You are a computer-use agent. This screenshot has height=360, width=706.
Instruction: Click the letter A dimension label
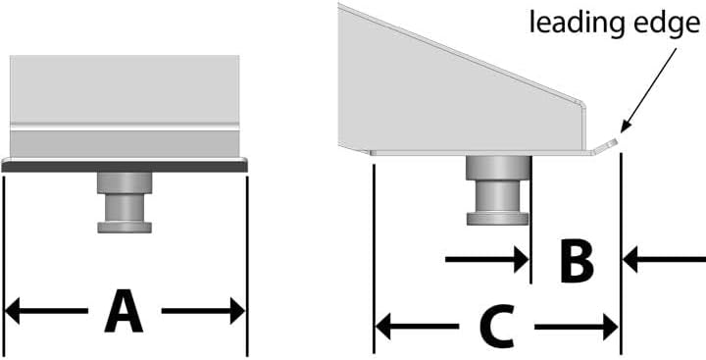tap(124, 311)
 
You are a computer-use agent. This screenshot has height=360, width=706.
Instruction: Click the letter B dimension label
tap(577, 261)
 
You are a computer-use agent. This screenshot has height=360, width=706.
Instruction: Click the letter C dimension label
tap(496, 327)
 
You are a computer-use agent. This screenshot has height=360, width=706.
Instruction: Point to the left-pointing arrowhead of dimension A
tap(12, 311)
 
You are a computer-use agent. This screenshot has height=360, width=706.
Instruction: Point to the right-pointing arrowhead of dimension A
tap(237, 311)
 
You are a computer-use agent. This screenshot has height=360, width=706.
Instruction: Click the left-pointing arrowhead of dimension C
tap(382, 327)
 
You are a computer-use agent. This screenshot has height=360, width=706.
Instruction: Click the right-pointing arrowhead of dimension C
tap(610, 327)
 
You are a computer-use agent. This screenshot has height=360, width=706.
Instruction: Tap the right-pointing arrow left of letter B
tap(486, 260)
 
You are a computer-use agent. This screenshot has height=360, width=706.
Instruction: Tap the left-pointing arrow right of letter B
tap(664, 260)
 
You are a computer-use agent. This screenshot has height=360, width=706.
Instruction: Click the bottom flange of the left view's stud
tap(125, 227)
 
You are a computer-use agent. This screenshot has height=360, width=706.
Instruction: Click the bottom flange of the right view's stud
tap(497, 219)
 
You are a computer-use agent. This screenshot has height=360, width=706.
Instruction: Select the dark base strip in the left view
tap(125, 167)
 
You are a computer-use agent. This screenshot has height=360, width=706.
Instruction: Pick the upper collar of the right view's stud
tap(497, 168)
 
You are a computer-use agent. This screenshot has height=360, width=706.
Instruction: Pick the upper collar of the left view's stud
tap(125, 182)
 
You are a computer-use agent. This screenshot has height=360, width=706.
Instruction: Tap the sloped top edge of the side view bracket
tap(462, 54)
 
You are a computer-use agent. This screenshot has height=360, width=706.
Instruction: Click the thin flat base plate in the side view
tap(480, 153)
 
